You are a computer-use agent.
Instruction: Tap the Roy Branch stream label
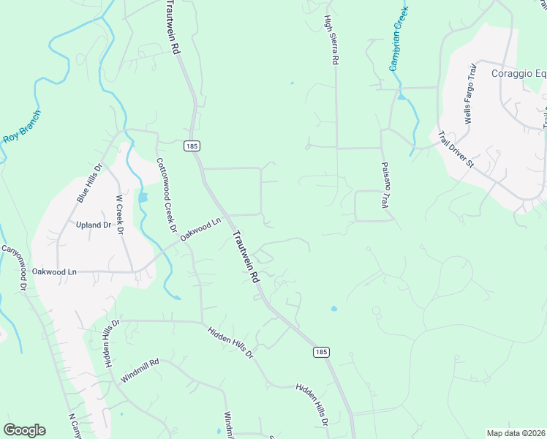pos(22,126)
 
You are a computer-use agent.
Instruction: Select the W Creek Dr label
pos(119,214)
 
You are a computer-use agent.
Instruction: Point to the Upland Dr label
pos(92,225)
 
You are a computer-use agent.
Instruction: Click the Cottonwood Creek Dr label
pos(167,196)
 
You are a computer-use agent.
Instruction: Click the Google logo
pos(24,430)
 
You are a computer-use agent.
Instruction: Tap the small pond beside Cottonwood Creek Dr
pos(143,198)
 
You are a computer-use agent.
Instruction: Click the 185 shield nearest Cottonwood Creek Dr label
pos(192,146)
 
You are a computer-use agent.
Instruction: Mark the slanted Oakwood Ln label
pos(200,230)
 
